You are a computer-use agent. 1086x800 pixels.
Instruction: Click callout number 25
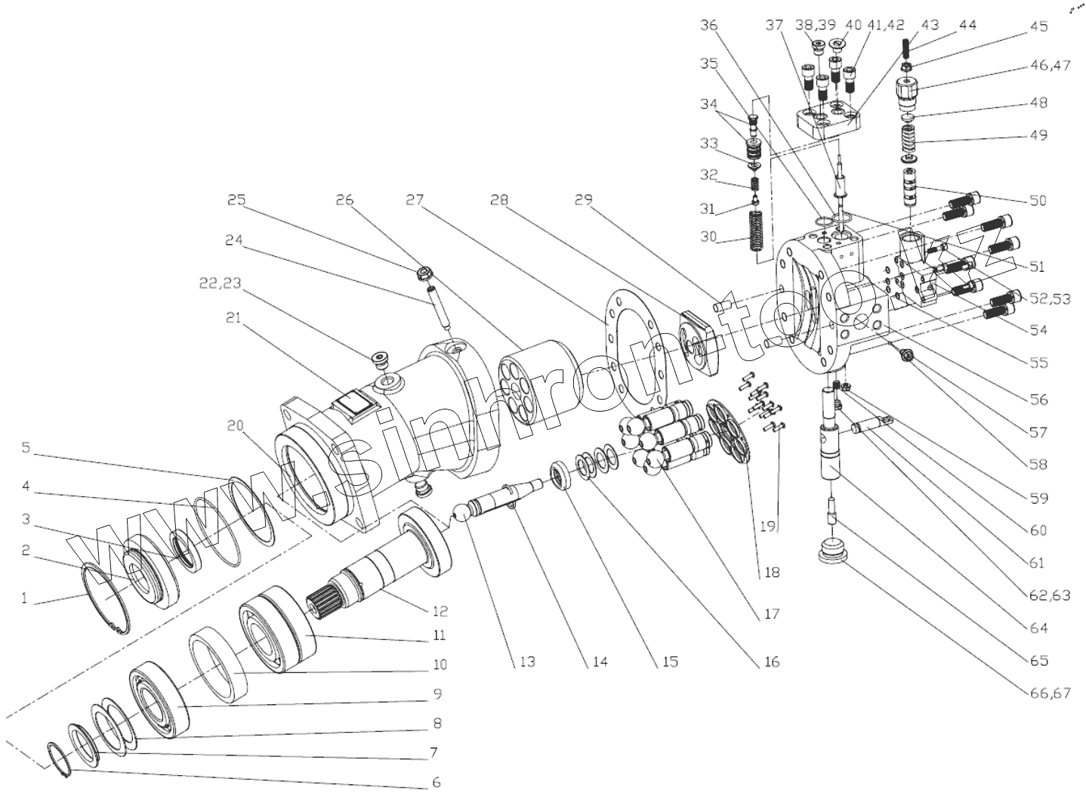pos(237,201)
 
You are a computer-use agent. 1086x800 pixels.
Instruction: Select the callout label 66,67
pos(1049,693)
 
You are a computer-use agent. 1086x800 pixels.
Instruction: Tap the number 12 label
pos(440,611)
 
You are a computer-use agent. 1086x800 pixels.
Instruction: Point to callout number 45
pos(1038,26)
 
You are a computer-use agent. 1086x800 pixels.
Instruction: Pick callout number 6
pos(436,783)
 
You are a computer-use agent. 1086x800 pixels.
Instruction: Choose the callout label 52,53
pos(1050,299)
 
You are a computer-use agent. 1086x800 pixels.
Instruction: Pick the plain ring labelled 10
pos(219,665)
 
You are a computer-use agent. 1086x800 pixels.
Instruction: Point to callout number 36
pos(708,26)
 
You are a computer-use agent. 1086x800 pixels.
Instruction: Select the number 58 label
pos(1038,465)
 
